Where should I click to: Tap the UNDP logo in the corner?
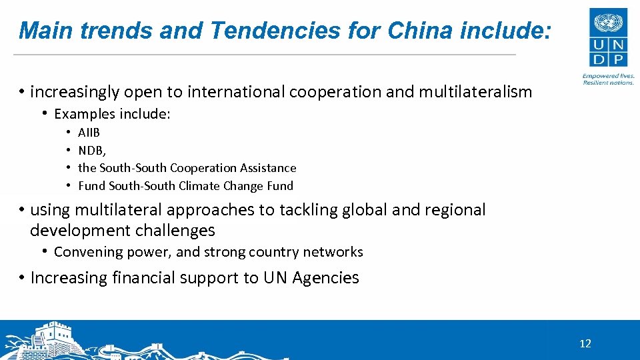tap(608, 39)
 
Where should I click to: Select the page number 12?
tap(585, 344)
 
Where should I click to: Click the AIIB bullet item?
tap(89, 133)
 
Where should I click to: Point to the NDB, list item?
tap(92, 151)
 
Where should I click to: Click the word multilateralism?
tap(475, 92)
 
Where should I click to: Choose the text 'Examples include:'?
tap(112, 114)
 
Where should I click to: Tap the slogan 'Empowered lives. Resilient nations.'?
tap(608, 79)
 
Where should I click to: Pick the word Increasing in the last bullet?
tap(69, 278)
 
